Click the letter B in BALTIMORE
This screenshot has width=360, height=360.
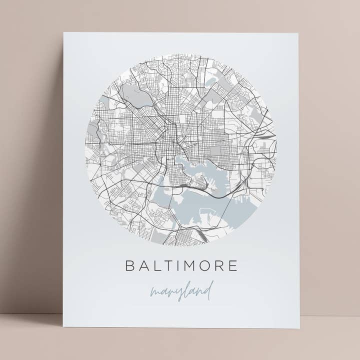pos(130,265)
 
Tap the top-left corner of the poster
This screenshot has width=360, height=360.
pos(63,33)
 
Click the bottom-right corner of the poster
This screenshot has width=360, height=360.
pos(299,328)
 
